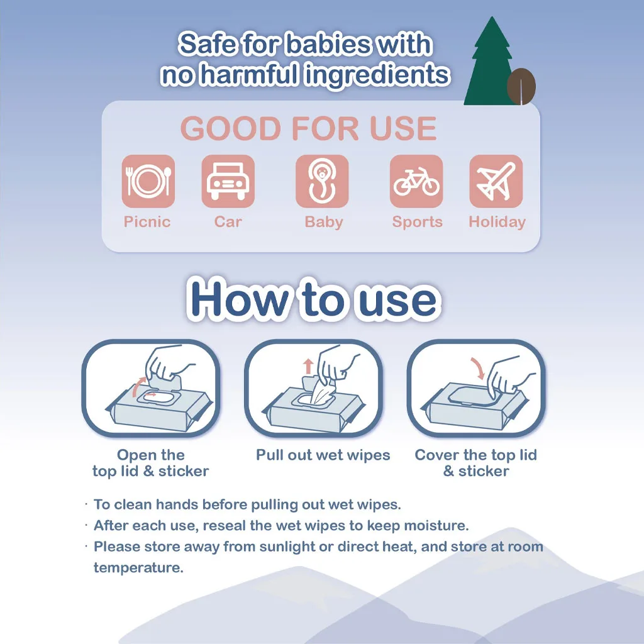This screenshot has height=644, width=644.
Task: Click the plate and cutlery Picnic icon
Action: click(148, 181)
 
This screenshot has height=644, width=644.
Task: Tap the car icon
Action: click(228, 181)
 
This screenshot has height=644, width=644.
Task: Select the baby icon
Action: click(322, 181)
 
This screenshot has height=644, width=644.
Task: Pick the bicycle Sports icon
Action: click(416, 181)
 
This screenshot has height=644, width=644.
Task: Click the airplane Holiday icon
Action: click(496, 181)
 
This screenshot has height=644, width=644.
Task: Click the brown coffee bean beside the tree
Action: click(521, 86)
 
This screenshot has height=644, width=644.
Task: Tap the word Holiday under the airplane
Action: click(497, 222)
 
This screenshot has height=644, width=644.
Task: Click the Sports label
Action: click(418, 222)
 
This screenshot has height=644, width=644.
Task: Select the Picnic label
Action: click(147, 222)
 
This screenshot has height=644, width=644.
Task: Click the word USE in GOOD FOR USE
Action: click(403, 128)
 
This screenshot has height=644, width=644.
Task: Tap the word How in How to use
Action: click(240, 299)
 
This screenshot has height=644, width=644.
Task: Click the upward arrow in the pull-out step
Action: click(308, 367)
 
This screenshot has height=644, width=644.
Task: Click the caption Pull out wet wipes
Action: click(323, 455)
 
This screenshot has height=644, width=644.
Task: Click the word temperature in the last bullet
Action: click(138, 568)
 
